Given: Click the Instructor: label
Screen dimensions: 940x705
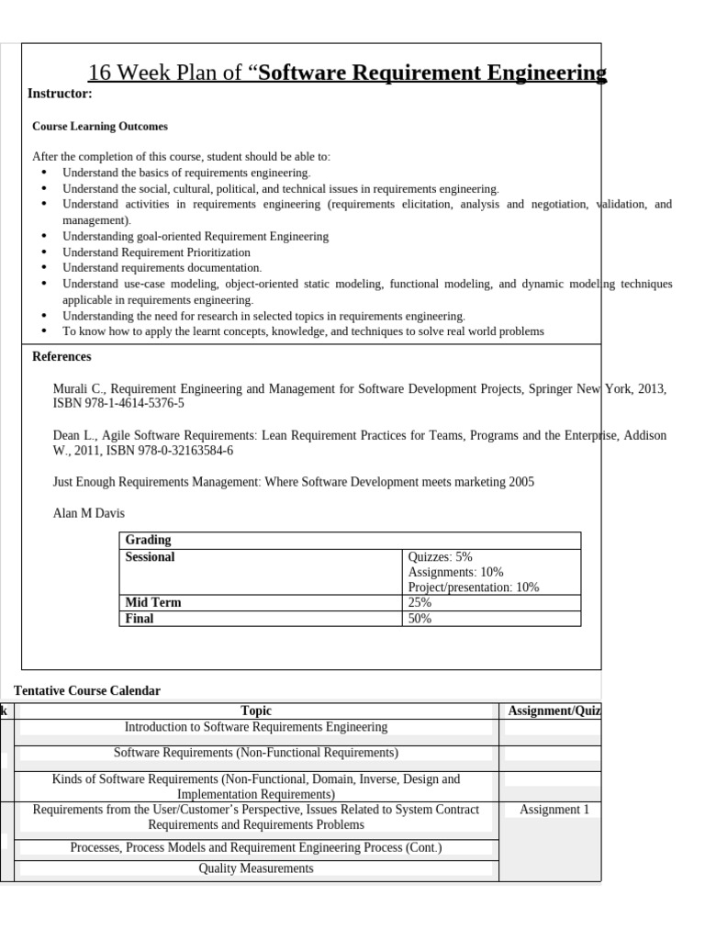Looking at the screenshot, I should pyautogui.click(x=60, y=94).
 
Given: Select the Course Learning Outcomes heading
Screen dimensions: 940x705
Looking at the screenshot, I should pyautogui.click(x=100, y=126).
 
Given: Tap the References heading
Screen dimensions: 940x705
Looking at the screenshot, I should pyautogui.click(x=62, y=356).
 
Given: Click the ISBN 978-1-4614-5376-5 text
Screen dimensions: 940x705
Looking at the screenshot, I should pyautogui.click(x=118, y=403).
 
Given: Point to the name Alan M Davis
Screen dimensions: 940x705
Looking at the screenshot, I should pyautogui.click(x=89, y=513).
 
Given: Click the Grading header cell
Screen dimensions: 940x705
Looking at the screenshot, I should pyautogui.click(x=148, y=540).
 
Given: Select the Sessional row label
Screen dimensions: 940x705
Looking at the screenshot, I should pyautogui.click(x=150, y=557).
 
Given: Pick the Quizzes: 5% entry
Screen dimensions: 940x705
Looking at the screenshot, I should pyautogui.click(x=440, y=557).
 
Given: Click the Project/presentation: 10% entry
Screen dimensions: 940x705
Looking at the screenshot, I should pyautogui.click(x=473, y=587).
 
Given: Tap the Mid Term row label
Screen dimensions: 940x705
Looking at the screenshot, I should pyautogui.click(x=152, y=603).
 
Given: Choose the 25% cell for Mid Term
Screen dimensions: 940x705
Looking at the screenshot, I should pyautogui.click(x=420, y=603).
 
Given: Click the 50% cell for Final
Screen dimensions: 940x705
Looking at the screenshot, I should pyautogui.click(x=420, y=619).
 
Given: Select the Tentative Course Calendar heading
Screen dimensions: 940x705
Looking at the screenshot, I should pyautogui.click(x=87, y=690).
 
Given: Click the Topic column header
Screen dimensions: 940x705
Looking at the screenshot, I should pyautogui.click(x=256, y=711).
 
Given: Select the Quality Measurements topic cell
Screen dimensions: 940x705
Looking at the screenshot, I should pyautogui.click(x=256, y=868).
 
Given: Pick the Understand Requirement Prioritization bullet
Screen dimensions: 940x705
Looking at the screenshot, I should pyautogui.click(x=156, y=252).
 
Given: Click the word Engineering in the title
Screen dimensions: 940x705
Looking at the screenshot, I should pyautogui.click(x=548, y=73).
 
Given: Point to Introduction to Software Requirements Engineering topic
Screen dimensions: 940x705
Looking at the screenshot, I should pyautogui.click(x=256, y=727).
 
